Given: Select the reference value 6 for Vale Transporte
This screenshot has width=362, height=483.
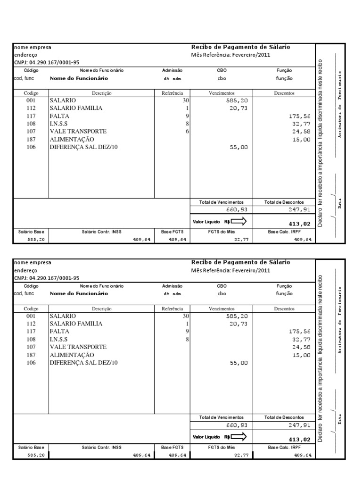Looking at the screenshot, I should coord(187,131).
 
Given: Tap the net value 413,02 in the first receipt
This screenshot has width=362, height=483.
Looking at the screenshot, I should coord(300,224).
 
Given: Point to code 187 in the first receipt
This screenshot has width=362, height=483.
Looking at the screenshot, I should coord(32,139).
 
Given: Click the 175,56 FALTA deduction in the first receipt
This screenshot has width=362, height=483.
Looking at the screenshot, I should coord(300,116).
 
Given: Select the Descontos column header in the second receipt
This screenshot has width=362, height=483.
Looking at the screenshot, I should coord(284,308).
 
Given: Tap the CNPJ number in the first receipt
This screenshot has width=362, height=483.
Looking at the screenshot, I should coord(47,62).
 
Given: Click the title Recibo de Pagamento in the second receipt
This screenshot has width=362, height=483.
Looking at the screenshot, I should coord(240,262).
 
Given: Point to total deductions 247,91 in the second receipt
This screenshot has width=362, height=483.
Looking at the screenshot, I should coord(300,425).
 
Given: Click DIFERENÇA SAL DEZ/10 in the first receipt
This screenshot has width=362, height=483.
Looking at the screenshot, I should coord(83,147).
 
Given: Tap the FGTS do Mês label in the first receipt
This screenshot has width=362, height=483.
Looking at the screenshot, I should coord(222,232).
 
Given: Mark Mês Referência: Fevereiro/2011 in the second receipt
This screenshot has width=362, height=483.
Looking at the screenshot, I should coord(231,270).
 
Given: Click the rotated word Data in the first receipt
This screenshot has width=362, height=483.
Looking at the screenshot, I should coord(339,204).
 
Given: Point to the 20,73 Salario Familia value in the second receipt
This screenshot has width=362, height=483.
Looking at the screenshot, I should coord(238,324).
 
